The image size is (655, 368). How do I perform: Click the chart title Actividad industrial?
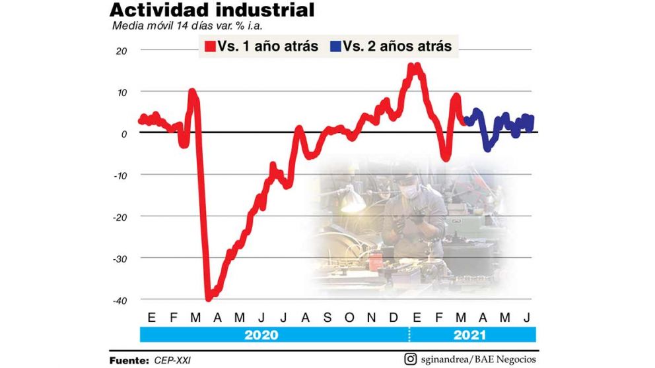tap(211, 11)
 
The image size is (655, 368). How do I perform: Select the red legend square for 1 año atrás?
tap(210, 47)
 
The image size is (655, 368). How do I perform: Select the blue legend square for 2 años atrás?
tap(335, 47)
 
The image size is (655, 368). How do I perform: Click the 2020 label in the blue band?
tap(261, 335)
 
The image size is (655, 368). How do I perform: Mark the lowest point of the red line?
tap(209, 298)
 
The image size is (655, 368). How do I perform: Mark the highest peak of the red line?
tap(412, 66)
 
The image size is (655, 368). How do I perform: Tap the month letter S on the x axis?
tap(327, 317)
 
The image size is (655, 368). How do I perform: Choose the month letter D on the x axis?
tap(394, 317)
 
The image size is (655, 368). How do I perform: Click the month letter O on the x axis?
tap(349, 317)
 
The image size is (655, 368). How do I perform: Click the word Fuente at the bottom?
tap(129, 360)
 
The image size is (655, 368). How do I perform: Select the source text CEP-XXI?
tap(174, 360)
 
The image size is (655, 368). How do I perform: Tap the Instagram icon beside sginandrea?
tap(410, 359)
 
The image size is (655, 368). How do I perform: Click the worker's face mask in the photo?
tap(409, 191)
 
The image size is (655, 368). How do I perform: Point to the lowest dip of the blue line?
tap(487, 148)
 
